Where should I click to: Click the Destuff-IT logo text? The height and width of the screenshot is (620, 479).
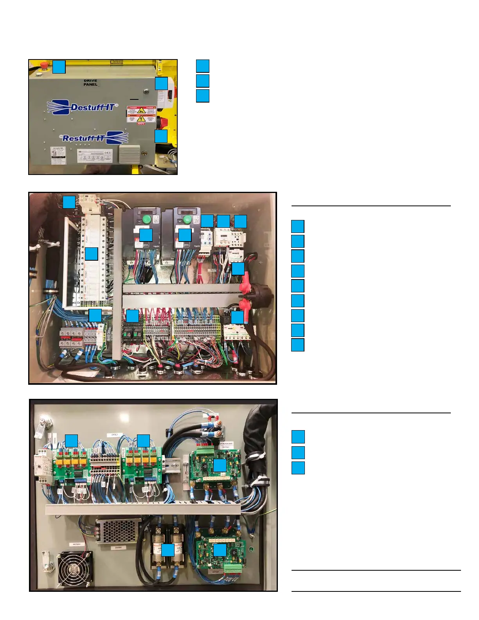pyautogui.click(x=92, y=107)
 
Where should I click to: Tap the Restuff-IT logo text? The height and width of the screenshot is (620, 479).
pyautogui.click(x=83, y=138)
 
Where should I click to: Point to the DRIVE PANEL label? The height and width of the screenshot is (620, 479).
pyautogui.click(x=90, y=83)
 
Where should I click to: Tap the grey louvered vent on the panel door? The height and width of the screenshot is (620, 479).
pyautogui.click(x=129, y=155)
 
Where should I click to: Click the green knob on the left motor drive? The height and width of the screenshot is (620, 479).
pyautogui.click(x=147, y=219)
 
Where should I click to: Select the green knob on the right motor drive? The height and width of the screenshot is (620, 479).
pyautogui.click(x=187, y=219)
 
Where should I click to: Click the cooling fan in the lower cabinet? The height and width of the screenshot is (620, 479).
pyautogui.click(x=76, y=568)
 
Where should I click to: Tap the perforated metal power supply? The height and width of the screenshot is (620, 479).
pyautogui.click(x=116, y=531)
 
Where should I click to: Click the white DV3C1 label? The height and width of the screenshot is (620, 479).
pyautogui.click(x=115, y=435)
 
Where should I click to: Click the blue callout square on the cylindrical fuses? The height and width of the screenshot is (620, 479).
pyautogui.click(x=168, y=550)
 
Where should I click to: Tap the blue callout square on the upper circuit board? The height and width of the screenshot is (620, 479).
pyautogui.click(x=220, y=465)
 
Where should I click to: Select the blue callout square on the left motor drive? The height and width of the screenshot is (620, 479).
pyautogui.click(x=146, y=235)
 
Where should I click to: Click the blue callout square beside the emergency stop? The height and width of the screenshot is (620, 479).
pyautogui.click(x=59, y=67)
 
